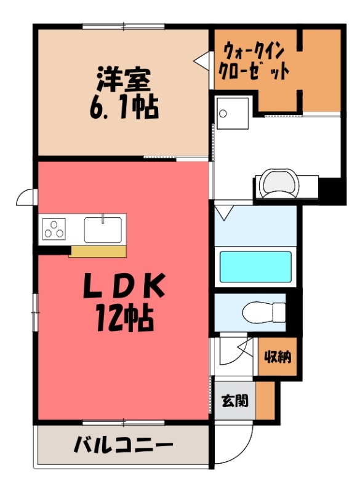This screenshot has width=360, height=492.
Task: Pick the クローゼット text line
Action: pyautogui.click(x=254, y=71)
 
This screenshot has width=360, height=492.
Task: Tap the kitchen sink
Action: pyautogui.click(x=103, y=229)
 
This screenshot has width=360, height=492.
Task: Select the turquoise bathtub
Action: pyautogui.click(x=255, y=266)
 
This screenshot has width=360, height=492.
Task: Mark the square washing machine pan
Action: pyautogui.click(x=232, y=113)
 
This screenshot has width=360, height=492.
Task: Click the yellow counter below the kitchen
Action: pyautogui.click(x=98, y=251)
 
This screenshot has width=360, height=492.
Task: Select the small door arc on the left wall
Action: pyautogui.click(x=26, y=197)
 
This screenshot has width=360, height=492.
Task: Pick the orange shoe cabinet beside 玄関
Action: pyautogui.click(x=265, y=401)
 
